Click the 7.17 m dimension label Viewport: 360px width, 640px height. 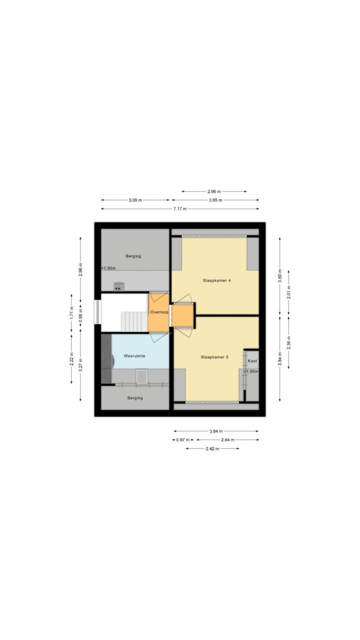180,209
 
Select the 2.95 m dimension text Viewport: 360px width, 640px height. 214,191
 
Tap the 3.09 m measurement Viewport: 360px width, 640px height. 136,200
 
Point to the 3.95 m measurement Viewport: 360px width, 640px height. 216,200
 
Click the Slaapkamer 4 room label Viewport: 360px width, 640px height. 214,281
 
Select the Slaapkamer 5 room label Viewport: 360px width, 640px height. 214,357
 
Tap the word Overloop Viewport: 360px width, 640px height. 158,312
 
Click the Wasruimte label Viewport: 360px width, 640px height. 135,356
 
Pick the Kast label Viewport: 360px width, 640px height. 252,361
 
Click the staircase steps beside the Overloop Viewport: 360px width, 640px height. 134,322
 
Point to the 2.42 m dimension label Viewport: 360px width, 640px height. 212,449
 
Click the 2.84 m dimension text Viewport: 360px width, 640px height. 227,439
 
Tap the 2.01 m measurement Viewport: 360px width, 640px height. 289,292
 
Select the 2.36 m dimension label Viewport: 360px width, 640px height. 289,341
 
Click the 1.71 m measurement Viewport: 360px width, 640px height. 71,312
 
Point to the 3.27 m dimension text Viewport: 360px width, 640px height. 81,365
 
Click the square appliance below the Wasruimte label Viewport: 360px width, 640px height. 142,376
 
